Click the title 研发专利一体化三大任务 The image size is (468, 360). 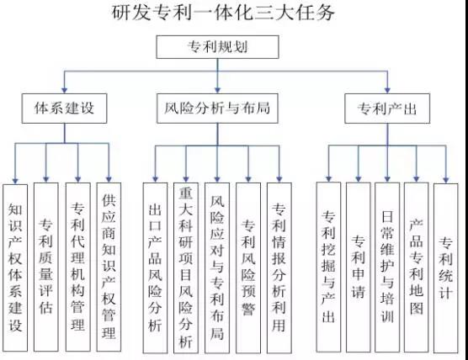(x=223, y=13)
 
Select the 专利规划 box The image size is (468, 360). (x=217, y=47)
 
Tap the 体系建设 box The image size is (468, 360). (x=64, y=109)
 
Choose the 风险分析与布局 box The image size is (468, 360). (x=217, y=109)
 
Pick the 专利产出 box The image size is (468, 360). (x=387, y=109)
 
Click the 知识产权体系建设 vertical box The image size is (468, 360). (x=15, y=267)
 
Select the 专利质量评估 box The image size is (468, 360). (x=46, y=267)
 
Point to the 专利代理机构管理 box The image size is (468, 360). (x=78, y=267)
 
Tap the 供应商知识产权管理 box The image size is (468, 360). (x=109, y=267)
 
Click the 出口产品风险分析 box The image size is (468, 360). (x=155, y=267)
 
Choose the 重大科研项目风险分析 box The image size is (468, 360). (x=186, y=267)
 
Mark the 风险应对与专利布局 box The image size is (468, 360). (x=217, y=267)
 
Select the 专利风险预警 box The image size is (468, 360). (x=248, y=267)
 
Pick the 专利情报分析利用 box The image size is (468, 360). (x=279, y=267)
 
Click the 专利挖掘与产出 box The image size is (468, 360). (x=328, y=267)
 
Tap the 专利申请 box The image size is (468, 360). (x=359, y=267)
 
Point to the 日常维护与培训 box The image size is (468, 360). (x=387, y=267)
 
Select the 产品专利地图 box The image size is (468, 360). (x=417, y=267)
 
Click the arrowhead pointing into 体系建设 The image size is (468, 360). (x=64, y=90)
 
